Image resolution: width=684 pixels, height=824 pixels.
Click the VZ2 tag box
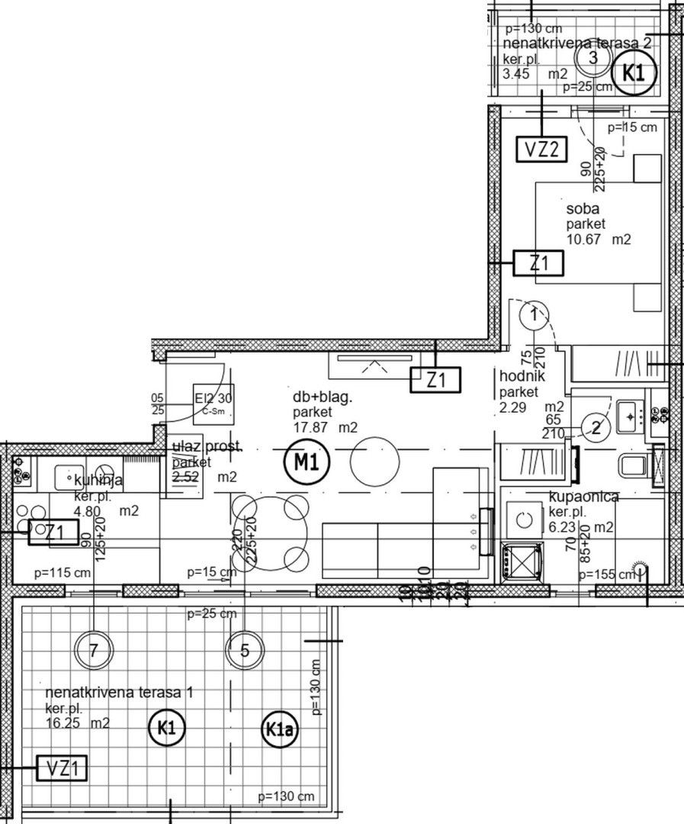tap(542, 149)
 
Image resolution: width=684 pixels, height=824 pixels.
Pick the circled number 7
tap(94, 651)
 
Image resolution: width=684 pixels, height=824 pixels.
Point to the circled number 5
tap(245, 651)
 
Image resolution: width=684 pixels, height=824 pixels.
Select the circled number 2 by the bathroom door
tap(596, 428)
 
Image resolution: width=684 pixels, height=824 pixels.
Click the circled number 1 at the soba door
tap(535, 313)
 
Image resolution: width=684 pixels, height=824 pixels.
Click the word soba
tap(582, 209)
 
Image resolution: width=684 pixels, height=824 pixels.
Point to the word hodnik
tap(522, 376)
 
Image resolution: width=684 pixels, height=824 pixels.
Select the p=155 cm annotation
tap(606, 574)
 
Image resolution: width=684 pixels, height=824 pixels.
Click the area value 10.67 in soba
tap(583, 240)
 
